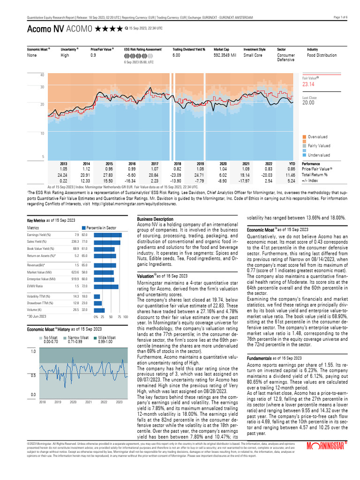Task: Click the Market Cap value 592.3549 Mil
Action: click(x=226, y=55)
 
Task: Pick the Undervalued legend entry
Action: click(x=319, y=155)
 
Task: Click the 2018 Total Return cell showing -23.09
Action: click(x=178, y=174)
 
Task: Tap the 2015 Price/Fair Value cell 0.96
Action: click(x=109, y=168)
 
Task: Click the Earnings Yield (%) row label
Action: click(x=39, y=235)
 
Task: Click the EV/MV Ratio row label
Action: click(x=35, y=285)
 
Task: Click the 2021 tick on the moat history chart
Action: click(x=89, y=402)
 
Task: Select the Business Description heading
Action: click(x=155, y=219)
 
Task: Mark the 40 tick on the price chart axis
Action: click(x=29, y=75)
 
